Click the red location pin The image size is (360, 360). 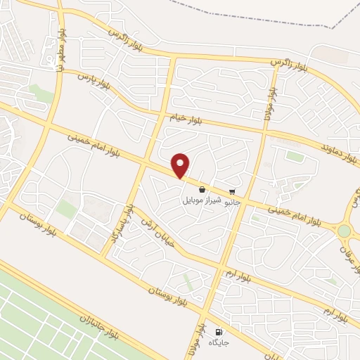point(181,166)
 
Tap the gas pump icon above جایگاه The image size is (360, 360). point(218,332)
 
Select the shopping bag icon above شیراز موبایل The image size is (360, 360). point(202,188)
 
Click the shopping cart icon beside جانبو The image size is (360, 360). point(232,191)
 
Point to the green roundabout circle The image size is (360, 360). point(344,231)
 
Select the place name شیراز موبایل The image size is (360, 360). point(202,200)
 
